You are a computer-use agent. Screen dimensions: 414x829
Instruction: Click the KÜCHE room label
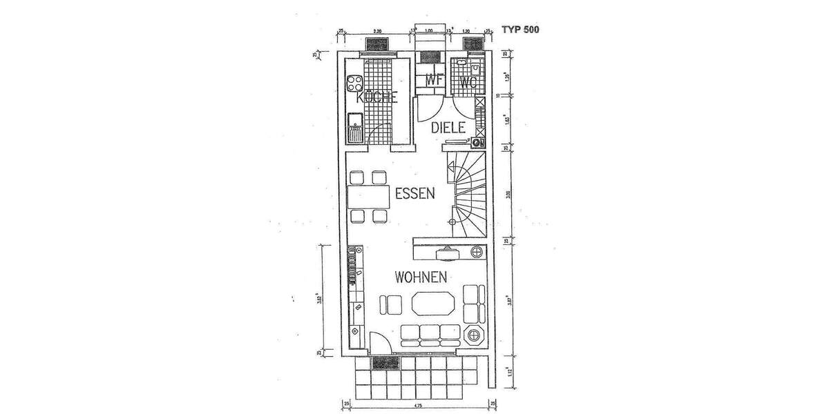coord(377,98)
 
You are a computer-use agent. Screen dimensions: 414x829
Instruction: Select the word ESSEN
coord(414,194)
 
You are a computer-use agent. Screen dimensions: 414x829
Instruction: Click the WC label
coord(468,81)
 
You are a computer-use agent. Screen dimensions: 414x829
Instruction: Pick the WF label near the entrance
coord(435,81)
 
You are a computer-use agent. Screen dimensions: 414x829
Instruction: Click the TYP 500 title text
coord(520,30)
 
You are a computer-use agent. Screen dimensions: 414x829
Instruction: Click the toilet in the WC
coord(477,70)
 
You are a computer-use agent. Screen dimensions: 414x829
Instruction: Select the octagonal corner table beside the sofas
coord(475,336)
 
